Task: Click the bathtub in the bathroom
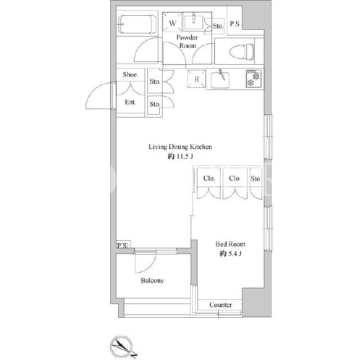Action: pos(137,24)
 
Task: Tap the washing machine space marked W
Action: pos(173,22)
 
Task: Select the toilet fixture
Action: pos(241,51)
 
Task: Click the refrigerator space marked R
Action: pos(196,79)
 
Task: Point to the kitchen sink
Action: pos(220,79)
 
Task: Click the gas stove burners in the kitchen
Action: pos(254,79)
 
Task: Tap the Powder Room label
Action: pos(187,41)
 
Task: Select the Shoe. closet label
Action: pos(130,74)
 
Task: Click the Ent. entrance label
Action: pos(130,102)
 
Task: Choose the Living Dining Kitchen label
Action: pos(180,147)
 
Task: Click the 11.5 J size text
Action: pos(180,156)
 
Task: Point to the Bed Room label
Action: pos(230,244)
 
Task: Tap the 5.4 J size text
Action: pos(230,254)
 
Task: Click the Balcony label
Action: pos(152,281)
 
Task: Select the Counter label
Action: pos(220,305)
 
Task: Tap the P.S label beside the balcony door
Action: pos(122,246)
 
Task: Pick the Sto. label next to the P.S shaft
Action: pos(218,26)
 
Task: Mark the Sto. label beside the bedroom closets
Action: pos(256,178)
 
